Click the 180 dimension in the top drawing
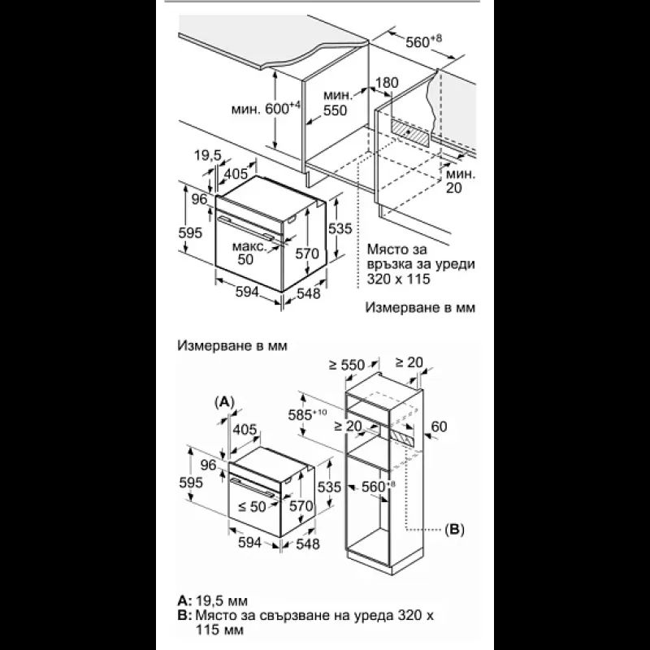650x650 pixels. tap(387, 83)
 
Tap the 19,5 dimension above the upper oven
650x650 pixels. tap(208, 155)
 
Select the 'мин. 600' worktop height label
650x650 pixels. tap(266, 109)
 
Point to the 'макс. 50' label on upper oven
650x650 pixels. tap(249, 253)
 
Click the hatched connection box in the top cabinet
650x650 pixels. tap(409, 132)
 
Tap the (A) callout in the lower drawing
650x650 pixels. tap(224, 401)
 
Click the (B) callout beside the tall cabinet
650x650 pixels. tap(454, 529)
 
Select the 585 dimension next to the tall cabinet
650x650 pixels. tap(307, 414)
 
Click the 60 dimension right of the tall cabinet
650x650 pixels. tap(439, 426)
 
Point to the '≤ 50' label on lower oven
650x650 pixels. tap(252, 506)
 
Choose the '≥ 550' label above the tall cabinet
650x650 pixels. tap(347, 365)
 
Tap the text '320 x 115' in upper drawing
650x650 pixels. tap(398, 279)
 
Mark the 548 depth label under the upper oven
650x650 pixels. tap(309, 293)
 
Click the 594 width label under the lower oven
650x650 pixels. tap(250, 542)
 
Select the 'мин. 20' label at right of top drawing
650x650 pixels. tap(460, 180)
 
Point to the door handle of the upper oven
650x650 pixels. tap(245, 227)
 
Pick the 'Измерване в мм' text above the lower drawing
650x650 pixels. tap(232, 345)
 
